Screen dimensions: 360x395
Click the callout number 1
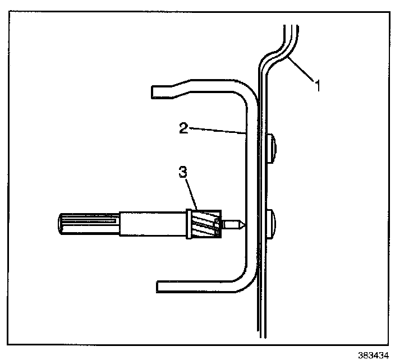318,86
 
